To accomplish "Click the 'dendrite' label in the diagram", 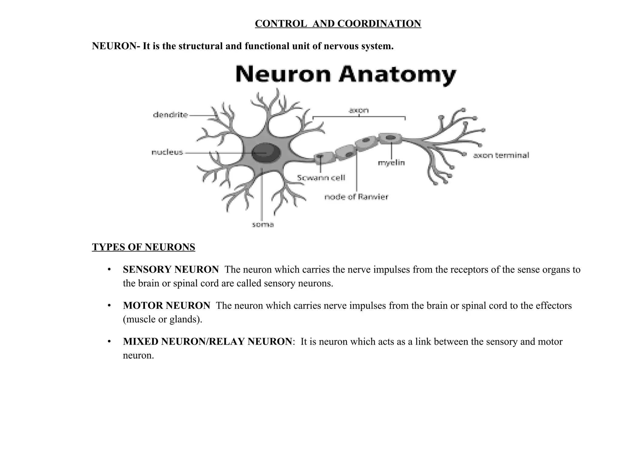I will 170,115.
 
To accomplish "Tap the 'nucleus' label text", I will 167,152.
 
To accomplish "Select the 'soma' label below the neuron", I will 263,225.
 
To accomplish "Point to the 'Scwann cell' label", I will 321,178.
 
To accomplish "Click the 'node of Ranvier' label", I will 356,197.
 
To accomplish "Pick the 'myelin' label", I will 391,163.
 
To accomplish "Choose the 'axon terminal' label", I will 501,155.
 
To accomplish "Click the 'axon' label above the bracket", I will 359,110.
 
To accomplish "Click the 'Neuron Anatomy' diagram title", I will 346,74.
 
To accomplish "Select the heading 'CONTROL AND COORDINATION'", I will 338,24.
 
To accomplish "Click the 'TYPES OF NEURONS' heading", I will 143,247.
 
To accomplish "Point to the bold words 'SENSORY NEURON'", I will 171,269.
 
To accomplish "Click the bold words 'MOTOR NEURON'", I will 166,306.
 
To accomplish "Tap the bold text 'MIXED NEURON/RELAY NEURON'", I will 207,342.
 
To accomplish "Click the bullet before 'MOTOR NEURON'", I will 109,306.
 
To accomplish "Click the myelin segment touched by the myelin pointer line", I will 390,138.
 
